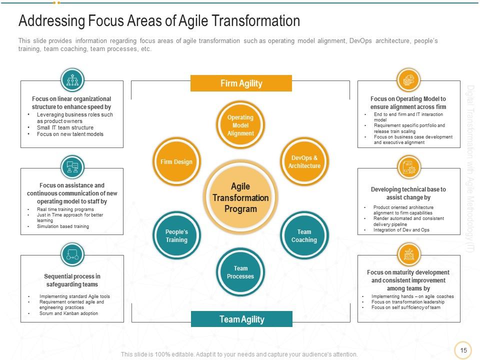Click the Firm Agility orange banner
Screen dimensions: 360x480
[x=241, y=83]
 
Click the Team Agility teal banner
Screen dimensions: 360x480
[x=241, y=319]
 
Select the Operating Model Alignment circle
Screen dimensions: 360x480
[x=240, y=125]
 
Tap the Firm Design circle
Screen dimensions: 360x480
[x=176, y=161]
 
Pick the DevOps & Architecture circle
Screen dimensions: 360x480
[x=304, y=161]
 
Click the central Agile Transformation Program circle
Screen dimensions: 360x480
[x=240, y=197]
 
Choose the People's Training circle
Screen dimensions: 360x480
[x=176, y=236]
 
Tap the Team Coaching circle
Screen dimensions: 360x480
[x=304, y=236]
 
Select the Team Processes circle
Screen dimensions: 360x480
[x=240, y=272]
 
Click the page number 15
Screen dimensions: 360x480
[x=463, y=350]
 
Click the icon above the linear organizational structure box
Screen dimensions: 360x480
[x=72, y=80]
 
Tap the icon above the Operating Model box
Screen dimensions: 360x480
[x=408, y=80]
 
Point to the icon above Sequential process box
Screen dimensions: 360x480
[x=72, y=254]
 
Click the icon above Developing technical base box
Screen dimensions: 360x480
[x=408, y=167]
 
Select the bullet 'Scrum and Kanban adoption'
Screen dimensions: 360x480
[x=68, y=313]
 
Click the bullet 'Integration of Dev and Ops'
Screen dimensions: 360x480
[x=401, y=230]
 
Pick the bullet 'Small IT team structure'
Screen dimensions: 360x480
[x=65, y=127]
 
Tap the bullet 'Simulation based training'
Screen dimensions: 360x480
[x=63, y=226]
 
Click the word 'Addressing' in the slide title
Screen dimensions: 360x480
[x=51, y=21]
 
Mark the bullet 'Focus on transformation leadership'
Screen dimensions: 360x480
[x=407, y=302]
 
